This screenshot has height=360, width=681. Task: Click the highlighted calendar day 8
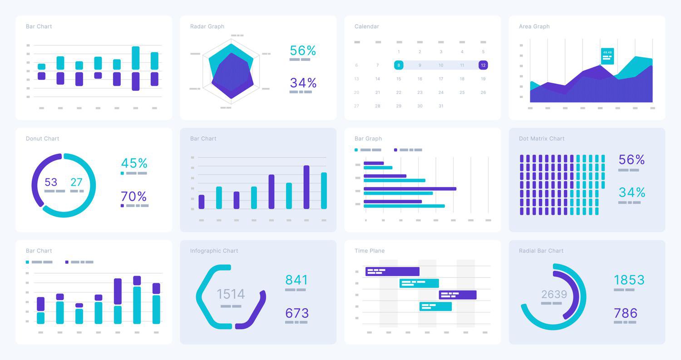[399, 65]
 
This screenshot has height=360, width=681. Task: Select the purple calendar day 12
[483, 65]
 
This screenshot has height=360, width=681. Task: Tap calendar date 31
[441, 106]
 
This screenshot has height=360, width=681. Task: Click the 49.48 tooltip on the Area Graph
[607, 56]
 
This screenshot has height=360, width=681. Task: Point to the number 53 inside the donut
[51, 182]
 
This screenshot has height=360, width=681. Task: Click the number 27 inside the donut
[76, 182]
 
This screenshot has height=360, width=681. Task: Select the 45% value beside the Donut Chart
[134, 163]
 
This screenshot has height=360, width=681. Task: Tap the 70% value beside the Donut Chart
[134, 197]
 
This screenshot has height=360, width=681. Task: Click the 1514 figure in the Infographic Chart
[231, 294]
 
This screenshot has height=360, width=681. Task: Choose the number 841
[297, 280]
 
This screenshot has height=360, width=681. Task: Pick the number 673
[297, 313]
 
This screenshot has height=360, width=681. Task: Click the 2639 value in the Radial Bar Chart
[554, 294]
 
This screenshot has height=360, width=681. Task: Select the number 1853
[629, 280]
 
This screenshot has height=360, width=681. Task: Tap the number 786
[626, 313]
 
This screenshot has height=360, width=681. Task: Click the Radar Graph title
[207, 26]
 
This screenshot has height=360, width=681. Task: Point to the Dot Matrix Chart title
[542, 138]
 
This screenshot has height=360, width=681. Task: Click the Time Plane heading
[370, 251]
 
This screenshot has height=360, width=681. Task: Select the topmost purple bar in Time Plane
[392, 271]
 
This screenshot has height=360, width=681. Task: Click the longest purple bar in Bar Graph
[410, 188]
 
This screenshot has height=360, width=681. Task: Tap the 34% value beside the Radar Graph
[303, 83]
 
